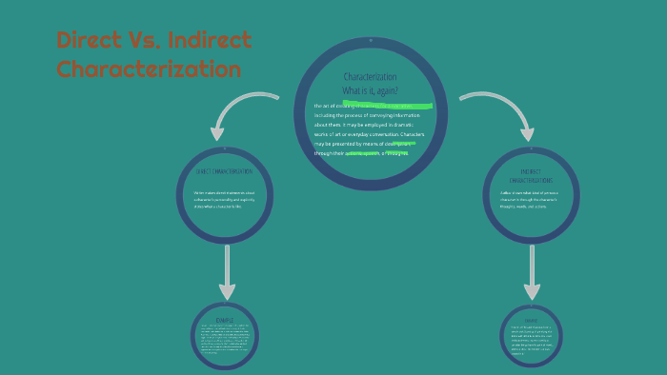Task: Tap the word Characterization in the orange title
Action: [149, 69]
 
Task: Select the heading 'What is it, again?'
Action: [370, 89]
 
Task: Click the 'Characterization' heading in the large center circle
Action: [370, 76]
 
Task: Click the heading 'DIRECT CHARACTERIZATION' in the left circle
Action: [225, 171]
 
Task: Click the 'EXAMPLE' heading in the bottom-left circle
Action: [225, 320]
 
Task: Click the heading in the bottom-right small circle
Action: [531, 320]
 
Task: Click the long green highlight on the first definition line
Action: [388, 105]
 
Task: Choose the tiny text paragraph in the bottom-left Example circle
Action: [225, 340]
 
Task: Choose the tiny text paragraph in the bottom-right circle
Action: [531, 340]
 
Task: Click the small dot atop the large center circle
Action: [370, 41]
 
